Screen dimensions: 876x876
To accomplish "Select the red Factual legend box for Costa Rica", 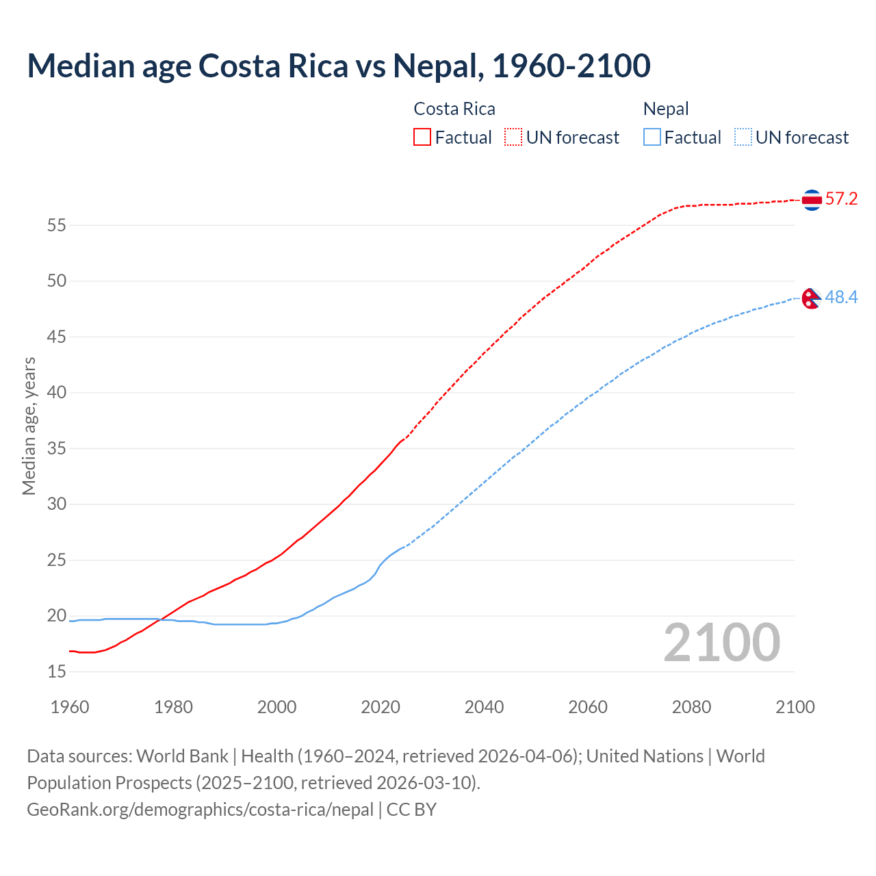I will pos(422,138).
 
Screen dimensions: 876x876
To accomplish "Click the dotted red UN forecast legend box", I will pos(513,138).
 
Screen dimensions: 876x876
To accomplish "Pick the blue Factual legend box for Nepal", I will pos(652,138).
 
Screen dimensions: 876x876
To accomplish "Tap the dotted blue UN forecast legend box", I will pos(743,138).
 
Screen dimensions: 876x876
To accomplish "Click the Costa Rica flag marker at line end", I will pos(812,200).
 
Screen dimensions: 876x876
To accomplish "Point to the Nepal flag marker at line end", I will pos(811,298).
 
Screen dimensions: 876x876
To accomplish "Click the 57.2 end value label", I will pos(841,199).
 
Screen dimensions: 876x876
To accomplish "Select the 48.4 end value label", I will pos(841,297).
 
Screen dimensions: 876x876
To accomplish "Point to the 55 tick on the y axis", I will pos(57,225).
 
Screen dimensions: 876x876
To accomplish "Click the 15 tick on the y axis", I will pos(57,672).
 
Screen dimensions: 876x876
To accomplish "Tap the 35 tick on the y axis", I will pos(57,449).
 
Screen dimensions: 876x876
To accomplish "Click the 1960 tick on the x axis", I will pos(70,707).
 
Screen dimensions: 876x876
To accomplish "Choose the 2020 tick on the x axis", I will pos(381,707).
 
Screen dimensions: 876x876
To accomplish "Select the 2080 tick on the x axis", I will pos(691,707).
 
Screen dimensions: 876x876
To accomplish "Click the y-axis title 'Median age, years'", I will pos(29,426).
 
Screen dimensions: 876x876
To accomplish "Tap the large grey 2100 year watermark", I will pos(721,643).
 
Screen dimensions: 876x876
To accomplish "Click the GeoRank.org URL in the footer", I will pos(200,810).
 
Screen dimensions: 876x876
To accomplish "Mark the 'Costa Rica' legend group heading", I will pos(454,109).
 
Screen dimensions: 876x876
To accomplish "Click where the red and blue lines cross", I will pos(161,619).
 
